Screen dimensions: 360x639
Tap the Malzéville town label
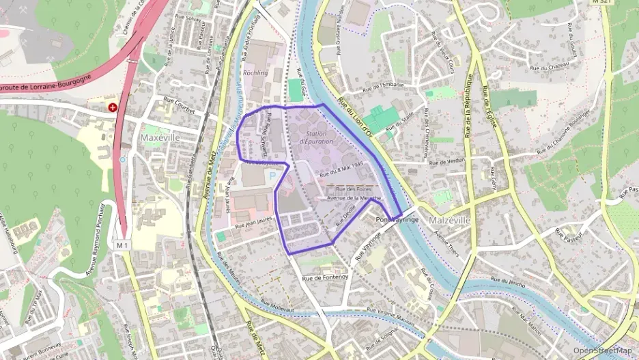pyautogui.click(x=451, y=221)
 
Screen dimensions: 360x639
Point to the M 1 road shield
pyautogui.click(x=123, y=245)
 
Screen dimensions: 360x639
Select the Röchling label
pyautogui.click(x=255, y=72)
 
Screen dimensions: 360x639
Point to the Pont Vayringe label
pyautogui.click(x=397, y=220)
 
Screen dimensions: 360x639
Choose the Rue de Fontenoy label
pyautogui.click(x=326, y=277)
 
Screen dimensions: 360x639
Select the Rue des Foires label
pyautogui.click(x=354, y=189)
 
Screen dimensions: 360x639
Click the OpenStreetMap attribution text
pyautogui.click(x=602, y=350)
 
